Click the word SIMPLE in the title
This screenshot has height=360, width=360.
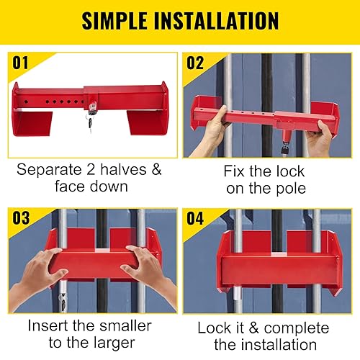coord(114,21)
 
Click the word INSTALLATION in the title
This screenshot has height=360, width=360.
coord(216,21)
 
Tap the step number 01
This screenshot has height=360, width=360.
coord(20,63)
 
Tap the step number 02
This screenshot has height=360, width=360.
coord(195,63)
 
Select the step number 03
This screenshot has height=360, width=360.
coord(21,218)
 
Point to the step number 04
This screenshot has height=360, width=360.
coord(195,218)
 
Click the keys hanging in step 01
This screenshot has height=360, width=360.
coord(90,123)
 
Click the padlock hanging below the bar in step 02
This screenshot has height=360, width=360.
coord(285,148)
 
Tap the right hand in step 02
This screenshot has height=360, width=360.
coord(319,138)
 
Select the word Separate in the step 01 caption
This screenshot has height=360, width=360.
coord(49,170)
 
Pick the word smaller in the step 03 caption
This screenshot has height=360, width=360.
coord(125,326)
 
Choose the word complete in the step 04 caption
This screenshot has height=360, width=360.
coord(297,328)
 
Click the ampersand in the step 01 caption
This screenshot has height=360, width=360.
coord(156,169)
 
